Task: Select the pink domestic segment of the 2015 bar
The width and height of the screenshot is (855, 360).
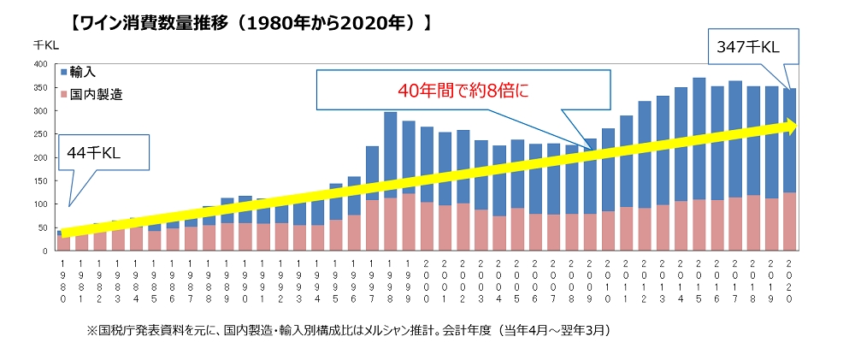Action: (699, 226)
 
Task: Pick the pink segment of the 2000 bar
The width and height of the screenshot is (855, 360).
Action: (427, 227)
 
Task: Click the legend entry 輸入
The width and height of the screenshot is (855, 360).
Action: (83, 74)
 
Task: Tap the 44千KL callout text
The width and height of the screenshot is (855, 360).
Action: (95, 153)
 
